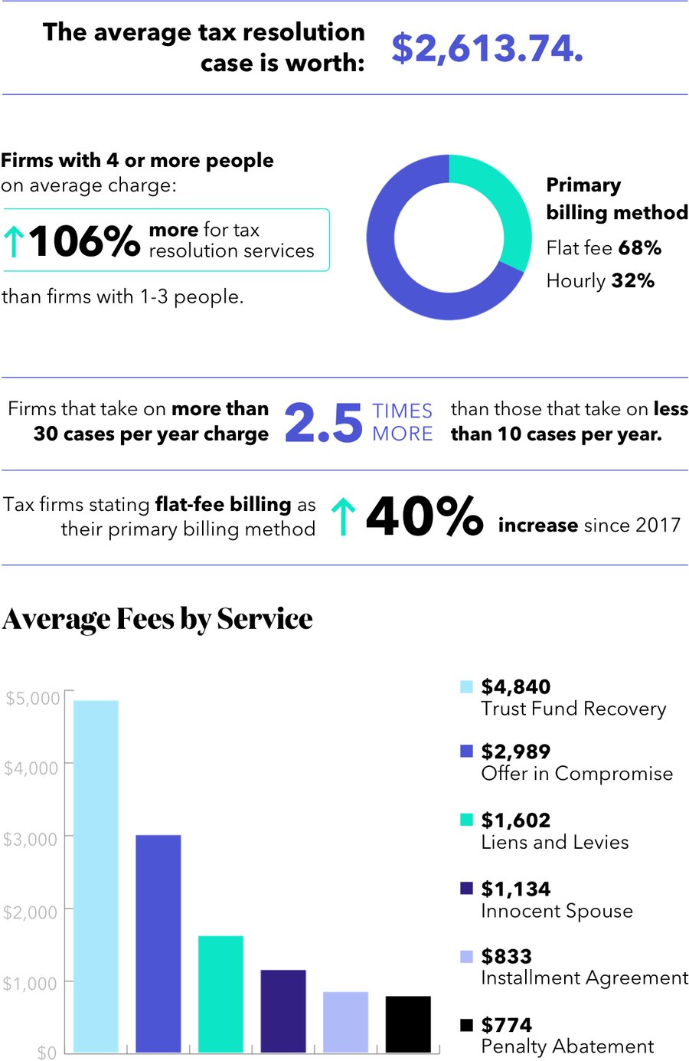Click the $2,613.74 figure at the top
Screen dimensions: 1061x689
point(487,48)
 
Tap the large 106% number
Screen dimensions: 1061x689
point(84,241)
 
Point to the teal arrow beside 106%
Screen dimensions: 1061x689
point(13,241)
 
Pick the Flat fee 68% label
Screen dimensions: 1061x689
point(603,248)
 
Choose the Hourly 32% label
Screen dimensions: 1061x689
point(600,281)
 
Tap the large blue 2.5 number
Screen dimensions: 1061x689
point(323,422)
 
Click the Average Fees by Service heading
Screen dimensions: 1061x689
point(158,619)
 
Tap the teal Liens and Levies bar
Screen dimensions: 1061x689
point(220,994)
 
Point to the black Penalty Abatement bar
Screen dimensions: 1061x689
point(408,1023)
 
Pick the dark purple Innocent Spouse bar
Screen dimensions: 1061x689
point(283,1010)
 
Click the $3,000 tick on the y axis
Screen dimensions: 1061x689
point(31,840)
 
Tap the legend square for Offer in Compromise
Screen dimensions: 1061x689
point(466,751)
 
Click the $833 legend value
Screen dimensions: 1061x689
point(506,956)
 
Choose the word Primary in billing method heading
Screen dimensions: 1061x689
point(583,185)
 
